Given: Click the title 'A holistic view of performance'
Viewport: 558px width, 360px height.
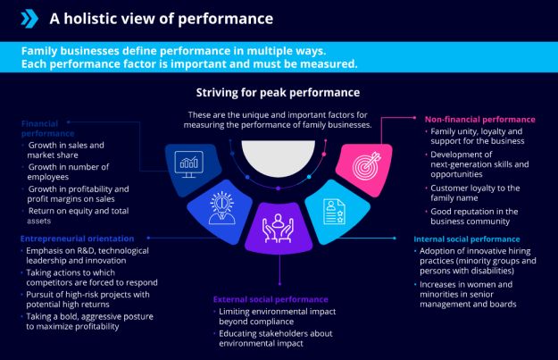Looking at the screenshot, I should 161,18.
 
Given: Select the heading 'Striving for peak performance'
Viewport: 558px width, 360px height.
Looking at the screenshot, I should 279,92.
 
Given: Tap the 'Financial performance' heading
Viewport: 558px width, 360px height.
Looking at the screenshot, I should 48,127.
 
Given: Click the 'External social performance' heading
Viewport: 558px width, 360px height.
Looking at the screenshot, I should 270,298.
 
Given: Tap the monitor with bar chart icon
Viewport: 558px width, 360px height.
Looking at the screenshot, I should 189,163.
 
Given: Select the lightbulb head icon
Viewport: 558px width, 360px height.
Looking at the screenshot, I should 219,203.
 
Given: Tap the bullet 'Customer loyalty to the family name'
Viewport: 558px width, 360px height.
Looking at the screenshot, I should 476,194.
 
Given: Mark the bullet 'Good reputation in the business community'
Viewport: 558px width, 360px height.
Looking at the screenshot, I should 476,216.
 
